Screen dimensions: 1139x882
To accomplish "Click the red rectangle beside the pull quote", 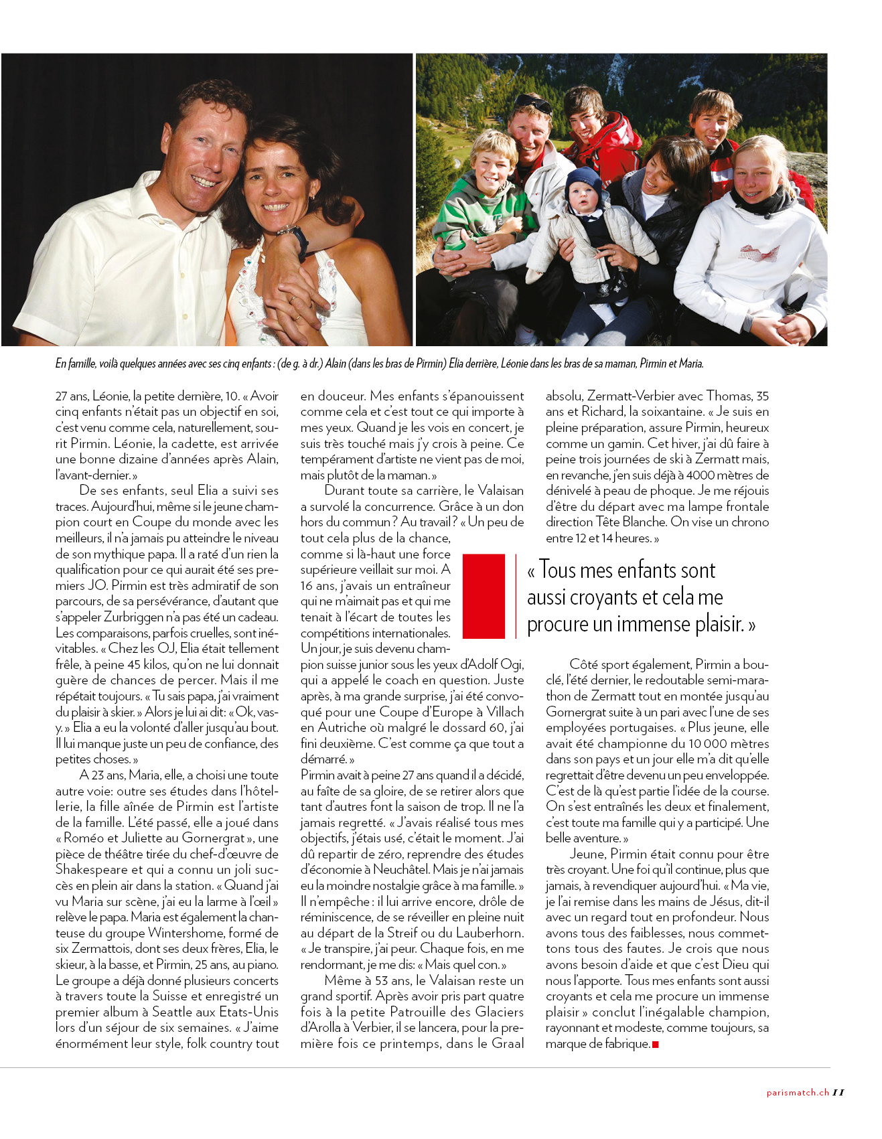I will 484,595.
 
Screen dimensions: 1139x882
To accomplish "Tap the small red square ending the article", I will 655,1044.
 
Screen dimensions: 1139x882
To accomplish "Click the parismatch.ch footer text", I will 798,1093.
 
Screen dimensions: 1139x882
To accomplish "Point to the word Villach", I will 505,712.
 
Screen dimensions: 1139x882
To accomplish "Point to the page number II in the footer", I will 838,1093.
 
